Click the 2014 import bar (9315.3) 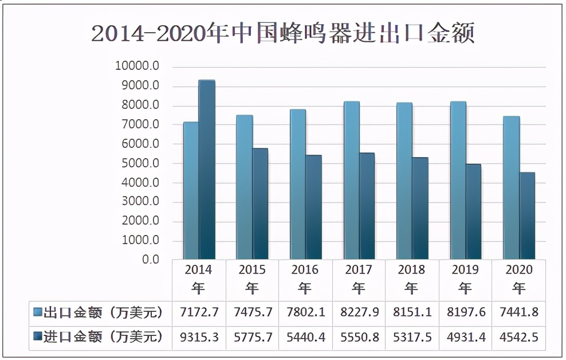207,170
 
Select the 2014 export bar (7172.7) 191,190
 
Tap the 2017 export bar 351,180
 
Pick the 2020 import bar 527,216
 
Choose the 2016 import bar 313,207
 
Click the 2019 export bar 458,180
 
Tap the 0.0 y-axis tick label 150,260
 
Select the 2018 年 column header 411,278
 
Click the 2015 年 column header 252,278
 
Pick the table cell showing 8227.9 359,313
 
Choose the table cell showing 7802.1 305,313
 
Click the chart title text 283,33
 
